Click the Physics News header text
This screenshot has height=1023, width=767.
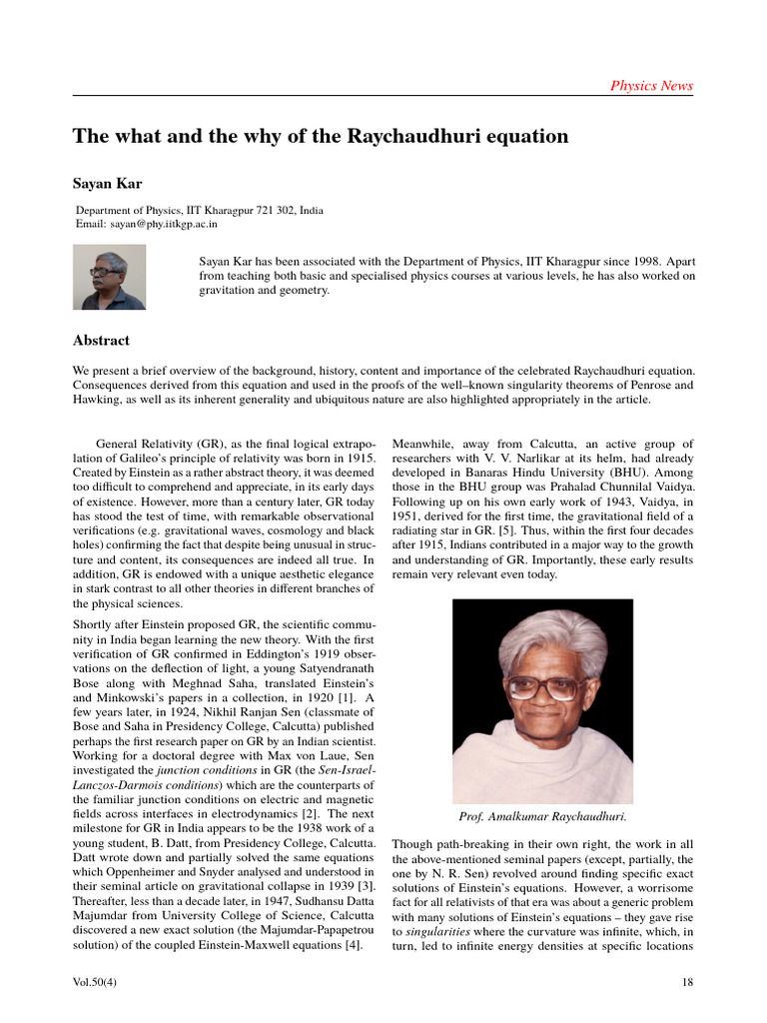click(x=651, y=86)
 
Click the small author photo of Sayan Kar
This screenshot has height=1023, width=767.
click(x=110, y=277)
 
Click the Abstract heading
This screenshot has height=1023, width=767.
click(x=101, y=341)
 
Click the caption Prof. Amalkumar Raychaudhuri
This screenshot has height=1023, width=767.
click(x=542, y=816)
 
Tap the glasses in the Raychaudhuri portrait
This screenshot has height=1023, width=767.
click(x=545, y=687)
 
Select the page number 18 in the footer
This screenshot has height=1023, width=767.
click(x=686, y=982)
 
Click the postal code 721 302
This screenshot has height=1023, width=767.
click(x=269, y=211)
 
